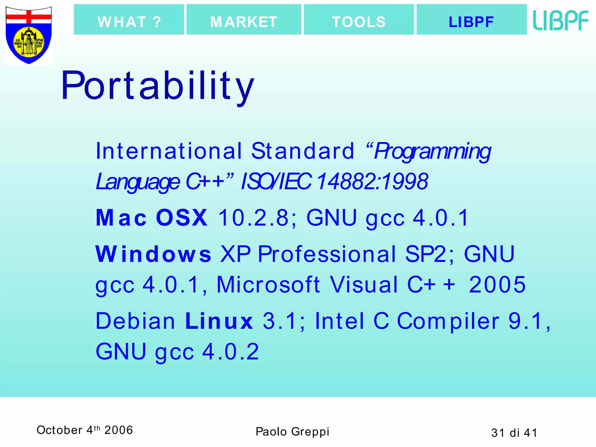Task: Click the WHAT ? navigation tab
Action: point(129,20)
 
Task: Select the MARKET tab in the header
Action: point(244,20)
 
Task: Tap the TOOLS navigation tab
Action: point(359,20)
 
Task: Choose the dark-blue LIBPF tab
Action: point(471,20)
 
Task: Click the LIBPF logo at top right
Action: point(560,20)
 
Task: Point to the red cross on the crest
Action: point(29,17)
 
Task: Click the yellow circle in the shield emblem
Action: point(29,42)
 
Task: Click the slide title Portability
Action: point(157,86)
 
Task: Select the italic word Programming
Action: point(432,151)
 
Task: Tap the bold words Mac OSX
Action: point(152,218)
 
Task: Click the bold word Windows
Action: point(153,254)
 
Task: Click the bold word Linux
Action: point(219,321)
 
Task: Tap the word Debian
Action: point(135,321)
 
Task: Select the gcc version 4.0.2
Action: point(230,352)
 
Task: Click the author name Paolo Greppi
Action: point(292,432)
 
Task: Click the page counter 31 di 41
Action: point(514,433)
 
